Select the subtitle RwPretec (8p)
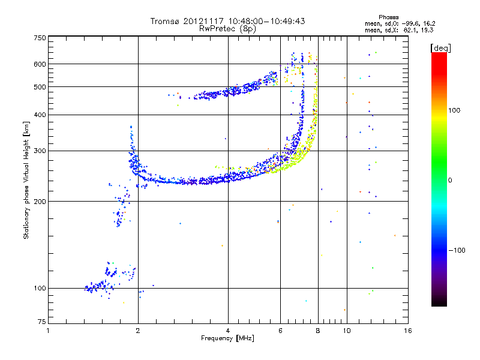pyautogui.click(x=228, y=29)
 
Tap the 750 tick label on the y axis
pyautogui.click(x=40, y=38)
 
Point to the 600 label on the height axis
pyautogui.click(x=40, y=64)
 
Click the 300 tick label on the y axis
pyautogui.click(x=40, y=151)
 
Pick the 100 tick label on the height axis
pyautogui.click(x=40, y=289)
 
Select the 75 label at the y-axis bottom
pyautogui.click(x=42, y=322)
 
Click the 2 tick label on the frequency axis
pyautogui.click(x=138, y=331)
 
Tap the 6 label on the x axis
pyautogui.click(x=280, y=331)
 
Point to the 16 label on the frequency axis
pyautogui.click(x=408, y=331)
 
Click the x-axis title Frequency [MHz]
pyautogui.click(x=228, y=338)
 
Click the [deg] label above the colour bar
pyautogui.click(x=440, y=48)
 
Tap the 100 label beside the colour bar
pyautogui.click(x=454, y=110)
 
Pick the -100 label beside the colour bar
pyautogui.click(x=457, y=250)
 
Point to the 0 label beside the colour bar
pyautogui.click(x=450, y=181)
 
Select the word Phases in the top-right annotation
pyautogui.click(x=388, y=17)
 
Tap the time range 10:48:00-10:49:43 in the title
pyautogui.click(x=266, y=21)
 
